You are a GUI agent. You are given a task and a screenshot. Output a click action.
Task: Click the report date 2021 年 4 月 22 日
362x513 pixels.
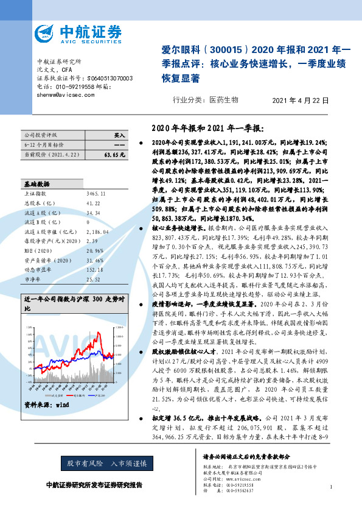(301, 100)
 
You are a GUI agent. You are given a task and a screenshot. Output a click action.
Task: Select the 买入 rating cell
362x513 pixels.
(119, 135)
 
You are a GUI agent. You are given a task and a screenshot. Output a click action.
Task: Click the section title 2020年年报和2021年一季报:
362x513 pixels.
(207, 127)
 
